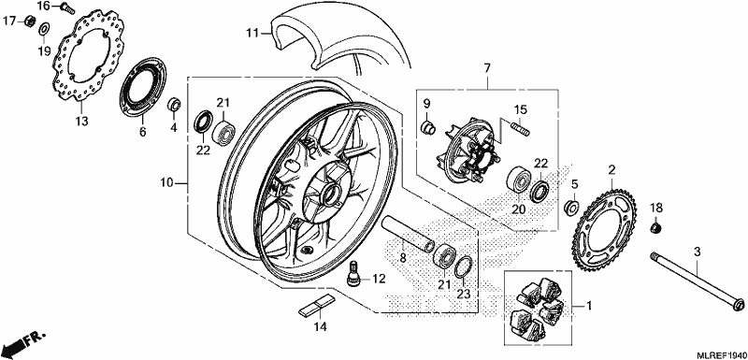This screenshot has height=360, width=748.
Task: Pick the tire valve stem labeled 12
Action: click(354, 274)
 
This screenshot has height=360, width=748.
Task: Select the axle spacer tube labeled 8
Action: click(408, 232)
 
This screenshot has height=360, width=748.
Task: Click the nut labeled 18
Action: click(656, 227)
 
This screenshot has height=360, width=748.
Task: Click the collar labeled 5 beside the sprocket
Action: click(571, 207)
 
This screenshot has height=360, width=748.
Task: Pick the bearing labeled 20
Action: click(517, 178)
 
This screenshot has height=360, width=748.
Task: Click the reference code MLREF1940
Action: click(719, 354)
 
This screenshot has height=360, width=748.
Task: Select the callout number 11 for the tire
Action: click(252, 33)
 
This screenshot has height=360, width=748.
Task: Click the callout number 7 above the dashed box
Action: click(486, 68)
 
